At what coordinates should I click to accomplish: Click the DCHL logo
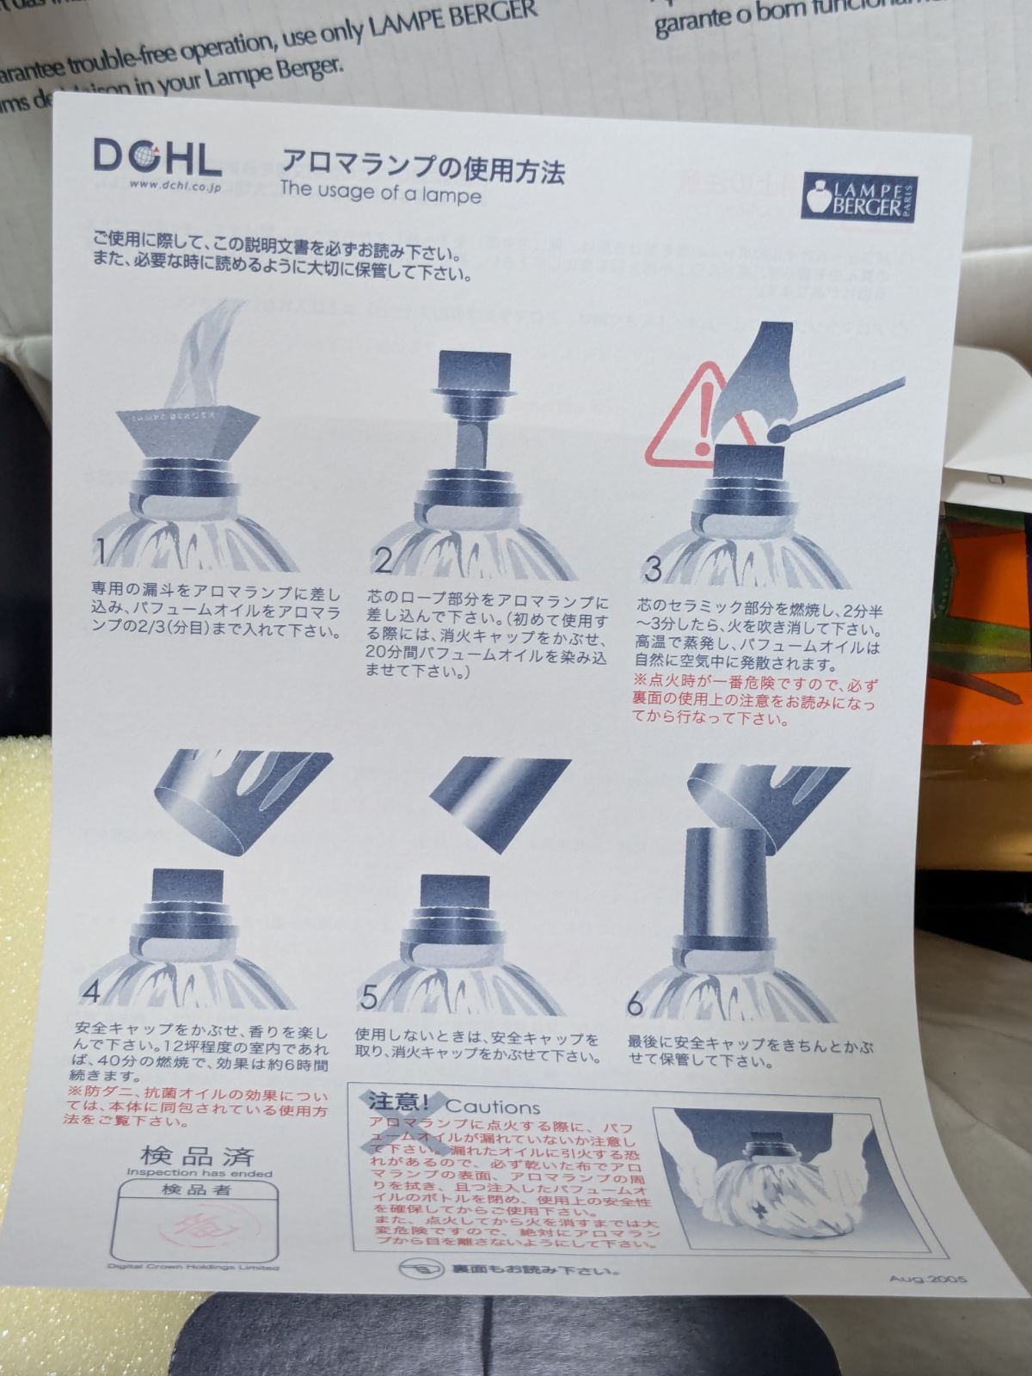pos(157,157)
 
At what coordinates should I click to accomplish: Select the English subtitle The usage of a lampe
pos(380,192)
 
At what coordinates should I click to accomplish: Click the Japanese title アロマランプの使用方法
pos(423,163)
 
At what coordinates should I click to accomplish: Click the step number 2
pos(384,560)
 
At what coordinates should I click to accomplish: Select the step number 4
pos(91,992)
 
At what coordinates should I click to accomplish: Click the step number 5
pos(369,998)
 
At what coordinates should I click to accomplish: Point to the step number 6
pos(635,1003)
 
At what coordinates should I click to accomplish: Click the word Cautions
pos(493,1108)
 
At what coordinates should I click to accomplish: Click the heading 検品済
pos(197,1155)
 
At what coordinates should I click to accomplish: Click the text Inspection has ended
pos(199,1173)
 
